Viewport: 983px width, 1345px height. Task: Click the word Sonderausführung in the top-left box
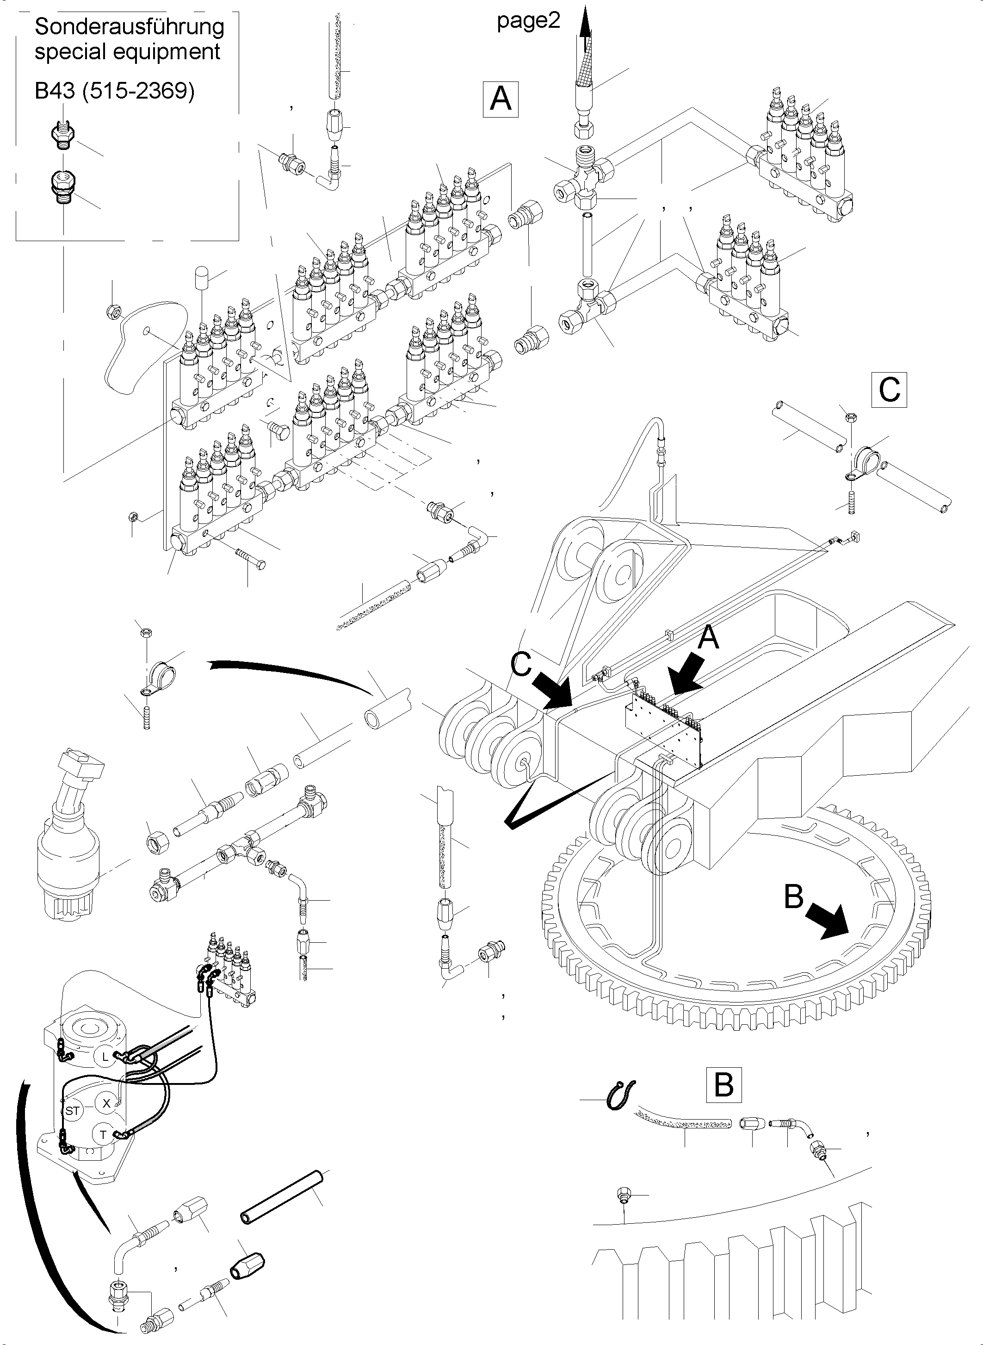pos(129,27)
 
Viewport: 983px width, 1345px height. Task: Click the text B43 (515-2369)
pos(114,91)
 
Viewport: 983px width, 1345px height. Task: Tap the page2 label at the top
pos(528,21)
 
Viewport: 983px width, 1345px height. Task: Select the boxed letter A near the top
pos(501,99)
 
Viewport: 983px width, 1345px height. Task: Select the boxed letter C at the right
pos(889,390)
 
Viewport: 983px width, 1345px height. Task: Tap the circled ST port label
pos(72,1111)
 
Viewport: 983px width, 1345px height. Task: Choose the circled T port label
pos(103,1135)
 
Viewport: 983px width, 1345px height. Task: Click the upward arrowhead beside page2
pos(586,24)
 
